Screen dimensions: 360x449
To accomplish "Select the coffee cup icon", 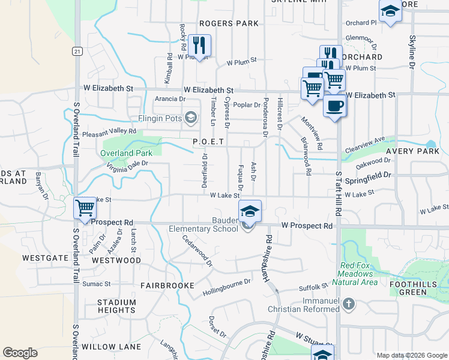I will click(335, 106).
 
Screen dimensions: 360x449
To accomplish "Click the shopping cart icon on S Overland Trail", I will click(85, 208).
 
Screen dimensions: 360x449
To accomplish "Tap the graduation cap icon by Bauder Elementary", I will click(250, 211).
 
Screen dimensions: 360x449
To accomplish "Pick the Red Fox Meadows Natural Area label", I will click(359, 274).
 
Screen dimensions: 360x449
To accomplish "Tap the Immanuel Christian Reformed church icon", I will click(349, 304).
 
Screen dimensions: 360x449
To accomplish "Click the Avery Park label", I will click(413, 152).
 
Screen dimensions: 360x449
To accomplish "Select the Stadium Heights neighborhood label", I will click(116, 306).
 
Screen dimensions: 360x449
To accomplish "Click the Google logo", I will click(20, 353).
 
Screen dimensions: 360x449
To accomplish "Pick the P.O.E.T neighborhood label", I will click(208, 142).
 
